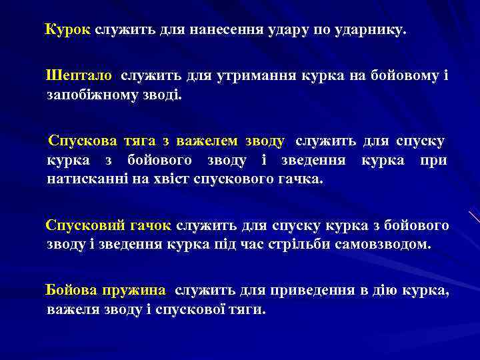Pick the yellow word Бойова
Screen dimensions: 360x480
click(x=71, y=291)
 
